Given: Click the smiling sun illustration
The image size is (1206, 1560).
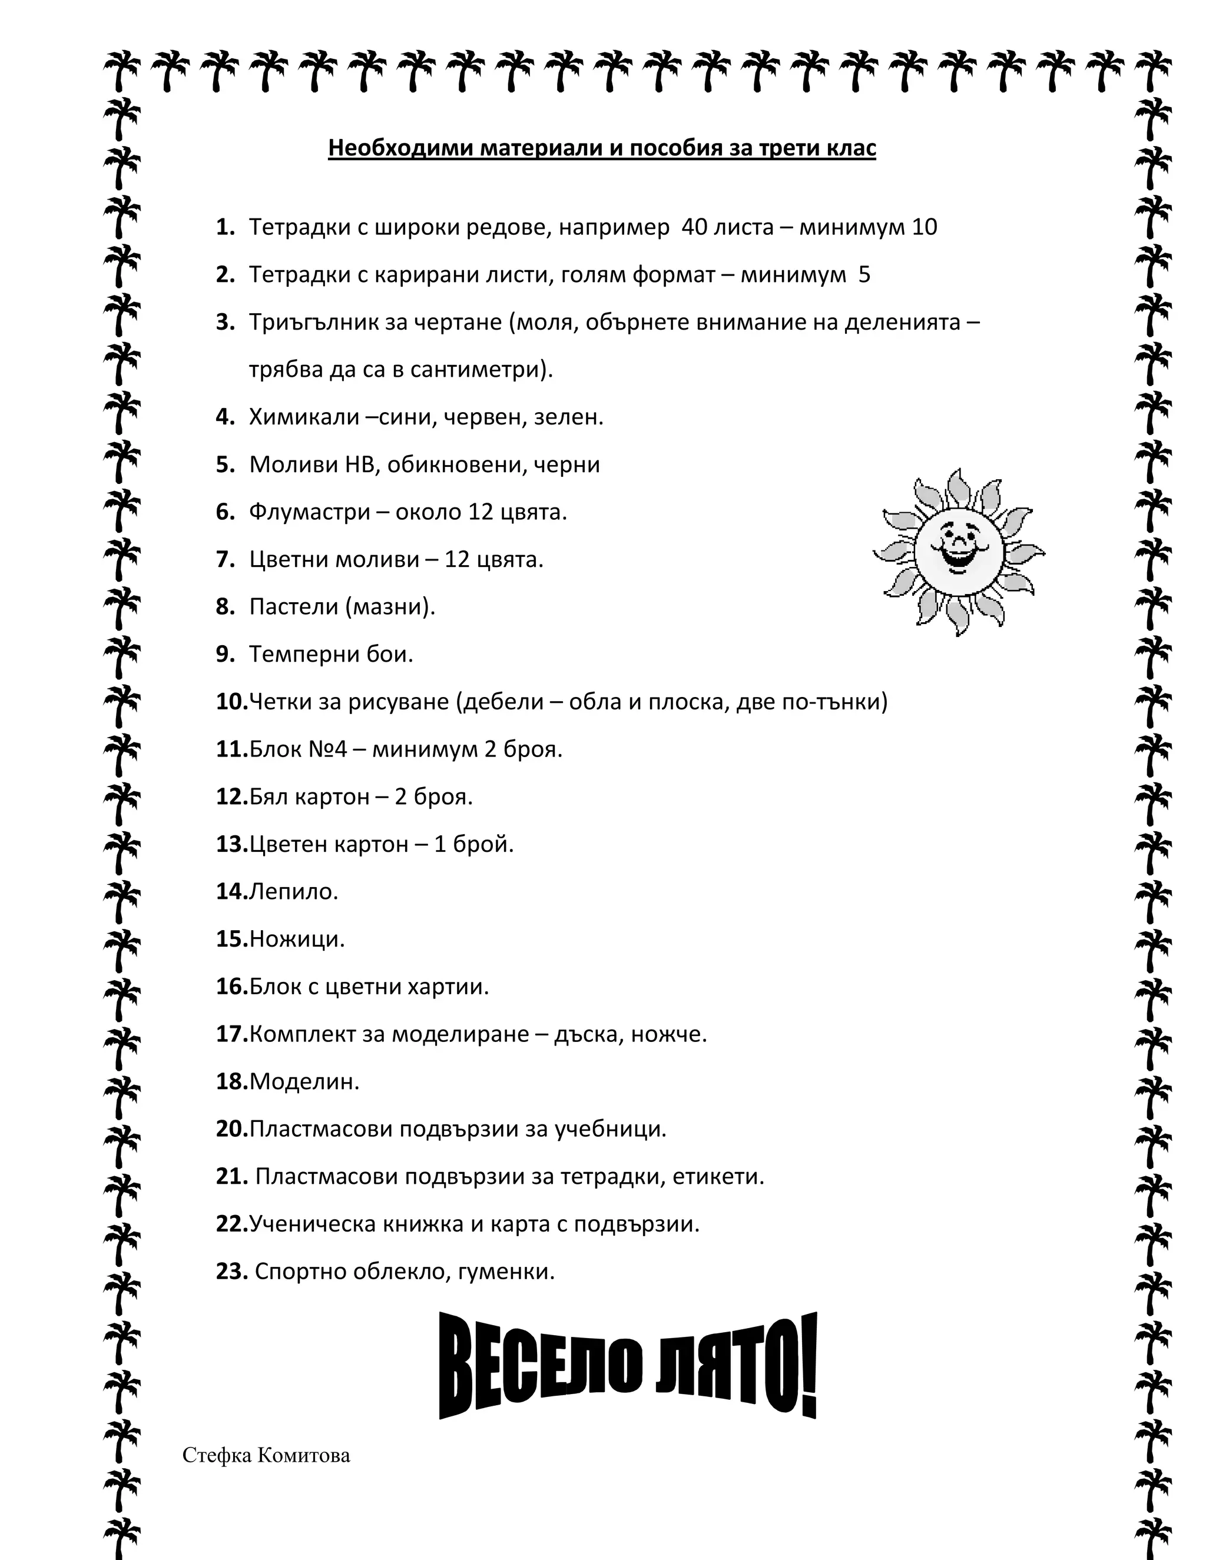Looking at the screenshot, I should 958,552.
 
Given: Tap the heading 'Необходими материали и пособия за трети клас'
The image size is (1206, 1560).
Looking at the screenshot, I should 602,148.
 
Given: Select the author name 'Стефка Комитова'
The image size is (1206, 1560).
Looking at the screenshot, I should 266,1455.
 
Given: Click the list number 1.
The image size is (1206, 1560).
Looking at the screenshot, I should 225,227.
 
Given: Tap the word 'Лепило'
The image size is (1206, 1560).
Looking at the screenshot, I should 291,891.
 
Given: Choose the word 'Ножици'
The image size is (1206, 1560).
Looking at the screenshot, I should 295,938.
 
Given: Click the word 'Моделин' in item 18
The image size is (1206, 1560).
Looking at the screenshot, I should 302,1081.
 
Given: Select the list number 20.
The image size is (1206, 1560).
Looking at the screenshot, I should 231,1128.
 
